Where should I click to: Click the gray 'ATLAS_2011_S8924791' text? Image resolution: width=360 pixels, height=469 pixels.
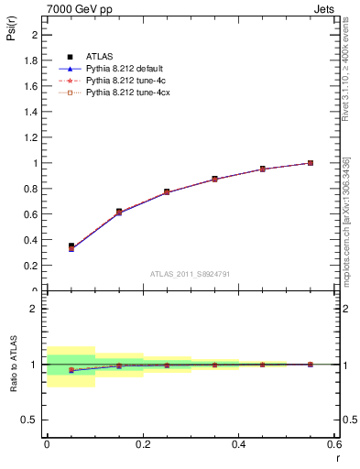(x=191, y=273)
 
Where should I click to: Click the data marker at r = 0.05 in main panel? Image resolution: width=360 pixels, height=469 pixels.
(x=71, y=246)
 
